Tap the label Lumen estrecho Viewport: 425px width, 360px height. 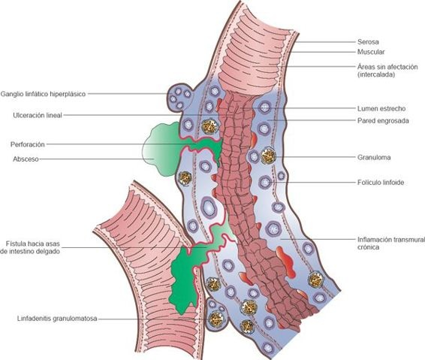point(378,110)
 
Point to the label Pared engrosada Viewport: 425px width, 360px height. point(381,120)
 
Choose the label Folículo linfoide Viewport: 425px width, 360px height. point(380,183)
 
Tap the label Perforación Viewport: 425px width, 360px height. point(30,144)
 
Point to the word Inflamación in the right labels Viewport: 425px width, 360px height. point(373,239)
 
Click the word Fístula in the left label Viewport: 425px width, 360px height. point(14,244)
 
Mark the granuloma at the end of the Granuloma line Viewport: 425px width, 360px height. point(268,159)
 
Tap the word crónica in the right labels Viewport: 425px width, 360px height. point(368,247)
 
